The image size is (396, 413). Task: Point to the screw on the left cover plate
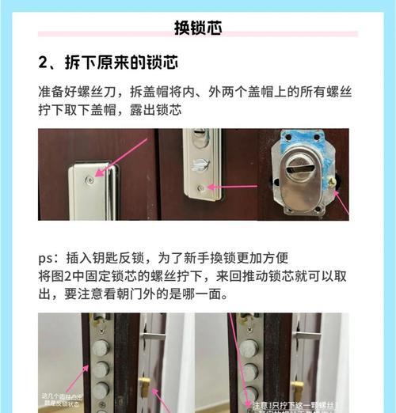pos(90,180)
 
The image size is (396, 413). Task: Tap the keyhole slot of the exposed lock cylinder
pos(302,167)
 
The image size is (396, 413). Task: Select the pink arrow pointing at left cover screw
pos(119,158)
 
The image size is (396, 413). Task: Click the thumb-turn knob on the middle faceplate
pos(201,164)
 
